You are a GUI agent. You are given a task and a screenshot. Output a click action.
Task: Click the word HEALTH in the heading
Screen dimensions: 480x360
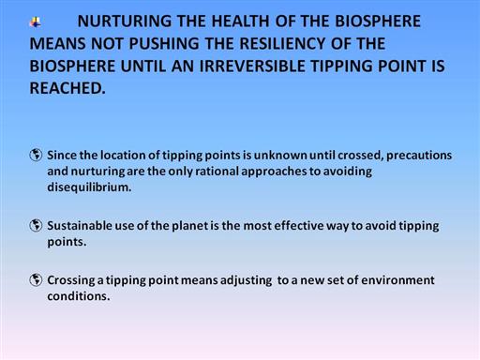pyautogui.click(x=240, y=22)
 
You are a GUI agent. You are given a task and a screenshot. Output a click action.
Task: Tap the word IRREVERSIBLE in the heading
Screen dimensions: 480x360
pyautogui.click(x=252, y=67)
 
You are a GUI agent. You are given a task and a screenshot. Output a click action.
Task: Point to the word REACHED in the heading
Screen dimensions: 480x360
pyautogui.click(x=67, y=88)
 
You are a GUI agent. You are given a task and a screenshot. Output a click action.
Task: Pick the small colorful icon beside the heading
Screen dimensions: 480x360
pyautogui.click(x=36, y=22)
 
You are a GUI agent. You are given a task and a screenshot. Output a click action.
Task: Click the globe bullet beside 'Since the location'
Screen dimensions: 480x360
pyautogui.click(x=36, y=155)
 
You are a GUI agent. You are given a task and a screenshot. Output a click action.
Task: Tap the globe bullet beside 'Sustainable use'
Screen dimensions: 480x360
pyautogui.click(x=36, y=225)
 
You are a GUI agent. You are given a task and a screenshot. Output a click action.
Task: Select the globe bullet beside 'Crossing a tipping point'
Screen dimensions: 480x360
pyautogui.click(x=36, y=279)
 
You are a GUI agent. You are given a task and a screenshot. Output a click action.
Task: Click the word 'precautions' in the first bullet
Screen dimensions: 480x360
pyautogui.click(x=419, y=156)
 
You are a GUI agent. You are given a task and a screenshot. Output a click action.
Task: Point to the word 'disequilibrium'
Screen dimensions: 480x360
pyautogui.click(x=89, y=187)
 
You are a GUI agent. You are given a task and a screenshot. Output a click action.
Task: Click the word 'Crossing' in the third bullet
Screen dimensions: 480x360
pyautogui.click(x=71, y=280)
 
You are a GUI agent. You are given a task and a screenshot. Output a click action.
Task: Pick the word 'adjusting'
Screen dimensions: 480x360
pyautogui.click(x=246, y=280)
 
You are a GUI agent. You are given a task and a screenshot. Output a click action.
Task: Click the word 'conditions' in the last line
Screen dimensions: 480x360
pyautogui.click(x=79, y=296)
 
